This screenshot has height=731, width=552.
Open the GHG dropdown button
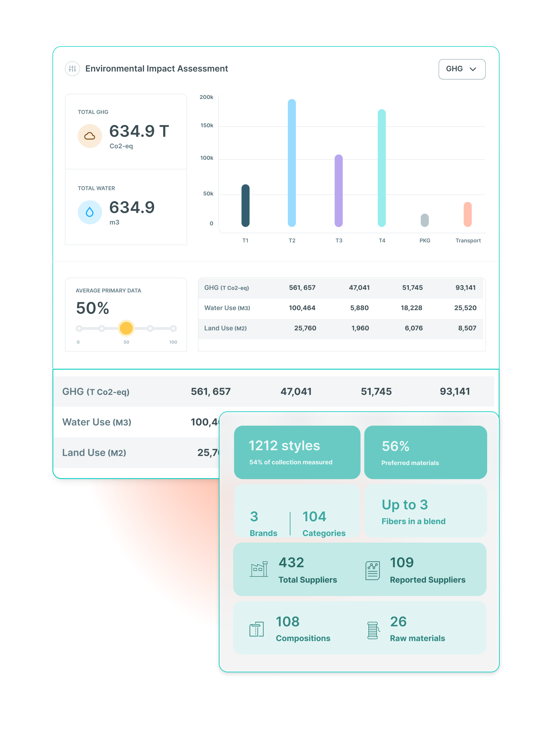pyautogui.click(x=462, y=69)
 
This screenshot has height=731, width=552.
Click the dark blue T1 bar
pyautogui.click(x=245, y=205)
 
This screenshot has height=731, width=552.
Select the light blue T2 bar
pyautogui.click(x=292, y=163)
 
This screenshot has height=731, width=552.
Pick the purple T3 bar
pyautogui.click(x=339, y=191)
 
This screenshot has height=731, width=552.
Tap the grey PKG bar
pyautogui.click(x=425, y=220)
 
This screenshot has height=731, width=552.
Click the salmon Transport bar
pyautogui.click(x=467, y=214)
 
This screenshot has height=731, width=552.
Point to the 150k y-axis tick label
pyautogui.click(x=207, y=126)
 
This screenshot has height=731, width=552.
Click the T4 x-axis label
pyautogui.click(x=382, y=240)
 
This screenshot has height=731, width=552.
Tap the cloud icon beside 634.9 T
pyautogui.click(x=90, y=136)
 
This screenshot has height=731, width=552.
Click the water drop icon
pyautogui.click(x=90, y=212)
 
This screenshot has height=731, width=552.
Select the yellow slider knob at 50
pyautogui.click(x=126, y=328)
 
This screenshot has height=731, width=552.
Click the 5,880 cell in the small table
pyautogui.click(x=359, y=308)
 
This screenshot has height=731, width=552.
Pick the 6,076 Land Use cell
pyautogui.click(x=414, y=328)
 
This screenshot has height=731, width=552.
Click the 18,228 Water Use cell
pyautogui.click(x=411, y=308)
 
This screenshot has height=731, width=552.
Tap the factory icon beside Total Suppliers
pyautogui.click(x=259, y=569)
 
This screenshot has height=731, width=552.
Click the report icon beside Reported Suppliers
pyautogui.click(x=373, y=571)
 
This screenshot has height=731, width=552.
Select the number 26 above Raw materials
pyautogui.click(x=398, y=622)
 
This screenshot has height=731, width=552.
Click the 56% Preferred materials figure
pyautogui.click(x=395, y=446)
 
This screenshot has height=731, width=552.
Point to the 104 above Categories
pyautogui.click(x=314, y=517)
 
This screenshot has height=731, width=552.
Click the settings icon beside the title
pyautogui.click(x=72, y=69)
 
